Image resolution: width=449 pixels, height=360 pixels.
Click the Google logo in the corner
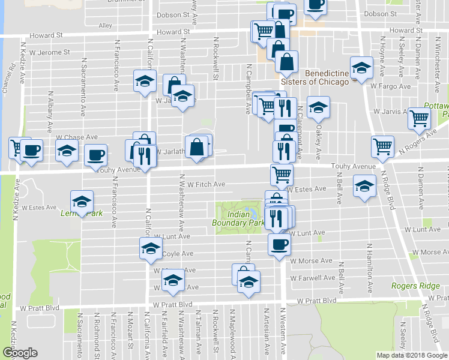tap(20, 353)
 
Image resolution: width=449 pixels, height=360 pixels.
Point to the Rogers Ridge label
tap(415, 286)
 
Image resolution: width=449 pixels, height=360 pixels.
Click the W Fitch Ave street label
tap(206, 184)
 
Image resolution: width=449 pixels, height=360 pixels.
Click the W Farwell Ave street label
tap(312, 278)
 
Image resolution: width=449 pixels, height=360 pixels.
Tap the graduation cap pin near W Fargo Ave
tap(361, 68)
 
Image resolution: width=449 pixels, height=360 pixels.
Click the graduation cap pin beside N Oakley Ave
tap(318, 107)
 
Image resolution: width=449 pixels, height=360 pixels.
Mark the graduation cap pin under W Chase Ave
tap(67, 151)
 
